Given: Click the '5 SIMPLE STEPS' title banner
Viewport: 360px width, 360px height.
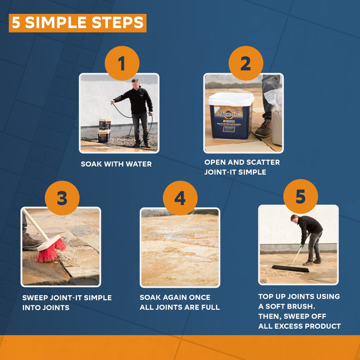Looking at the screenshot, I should point(78,23).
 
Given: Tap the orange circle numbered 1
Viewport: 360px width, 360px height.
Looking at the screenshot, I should point(122,64).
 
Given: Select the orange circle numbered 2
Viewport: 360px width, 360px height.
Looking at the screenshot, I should point(245,64).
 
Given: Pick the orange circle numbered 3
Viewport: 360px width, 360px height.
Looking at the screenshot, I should point(62,198).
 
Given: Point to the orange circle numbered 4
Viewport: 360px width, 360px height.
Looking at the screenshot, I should point(180,198).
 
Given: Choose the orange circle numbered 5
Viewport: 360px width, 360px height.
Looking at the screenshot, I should point(300,196).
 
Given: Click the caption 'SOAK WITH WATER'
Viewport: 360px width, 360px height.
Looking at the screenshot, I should point(116,164).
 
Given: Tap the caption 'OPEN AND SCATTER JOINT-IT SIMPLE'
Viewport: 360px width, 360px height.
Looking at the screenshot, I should point(242,167).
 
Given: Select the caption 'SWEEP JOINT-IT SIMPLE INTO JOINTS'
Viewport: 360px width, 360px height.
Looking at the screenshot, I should point(67,303).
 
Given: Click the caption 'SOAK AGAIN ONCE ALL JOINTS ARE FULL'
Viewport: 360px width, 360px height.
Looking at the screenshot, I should point(180,303).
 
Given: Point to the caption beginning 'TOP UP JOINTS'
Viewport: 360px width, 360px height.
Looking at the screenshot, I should point(299,311).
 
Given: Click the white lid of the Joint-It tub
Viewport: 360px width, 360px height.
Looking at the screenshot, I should point(231,99).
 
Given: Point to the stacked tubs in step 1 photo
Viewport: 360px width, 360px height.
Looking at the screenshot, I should point(104,131).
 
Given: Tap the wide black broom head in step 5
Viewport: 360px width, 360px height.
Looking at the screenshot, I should point(290,268).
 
